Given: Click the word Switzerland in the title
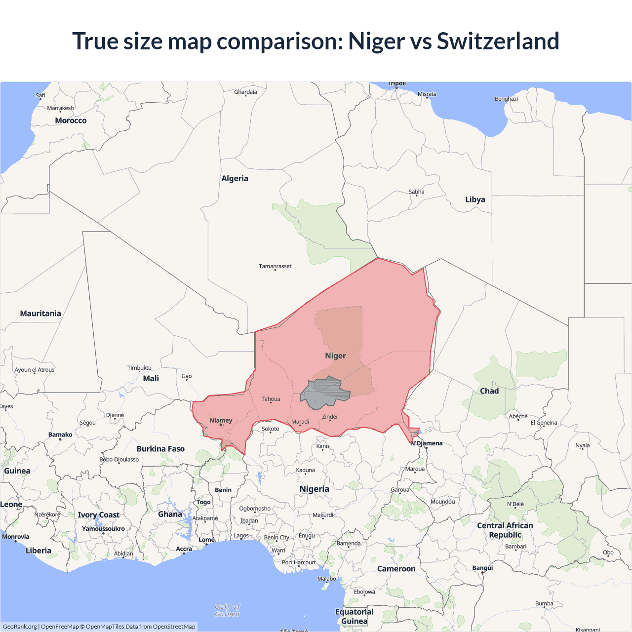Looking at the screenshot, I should pyautogui.click(x=498, y=41).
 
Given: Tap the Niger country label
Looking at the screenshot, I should pyautogui.click(x=335, y=356).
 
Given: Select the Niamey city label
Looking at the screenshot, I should pyautogui.click(x=221, y=421).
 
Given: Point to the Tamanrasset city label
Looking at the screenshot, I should pyautogui.click(x=275, y=266).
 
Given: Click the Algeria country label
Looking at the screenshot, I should pyautogui.click(x=235, y=179).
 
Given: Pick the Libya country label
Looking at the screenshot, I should pyautogui.click(x=475, y=199).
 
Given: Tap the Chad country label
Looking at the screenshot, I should pyautogui.click(x=489, y=391).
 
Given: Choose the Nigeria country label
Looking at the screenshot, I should pyautogui.click(x=314, y=489).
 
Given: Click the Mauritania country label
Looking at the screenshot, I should pyautogui.click(x=40, y=314).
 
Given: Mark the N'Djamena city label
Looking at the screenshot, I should pyautogui.click(x=427, y=443).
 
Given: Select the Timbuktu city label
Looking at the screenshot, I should pyautogui.click(x=139, y=368).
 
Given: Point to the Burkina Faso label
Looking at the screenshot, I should pyautogui.click(x=160, y=449).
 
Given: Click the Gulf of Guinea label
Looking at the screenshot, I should pyautogui.click(x=228, y=610).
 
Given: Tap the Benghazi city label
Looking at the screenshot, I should pyautogui.click(x=506, y=99).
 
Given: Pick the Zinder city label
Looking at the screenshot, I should pyautogui.click(x=330, y=417).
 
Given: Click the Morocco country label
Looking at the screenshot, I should pyautogui.click(x=71, y=120).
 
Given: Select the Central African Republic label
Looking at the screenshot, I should pyautogui.click(x=505, y=530).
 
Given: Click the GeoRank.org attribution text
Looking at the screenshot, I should pyautogui.click(x=20, y=627).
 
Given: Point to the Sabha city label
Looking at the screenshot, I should pyautogui.click(x=416, y=192).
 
